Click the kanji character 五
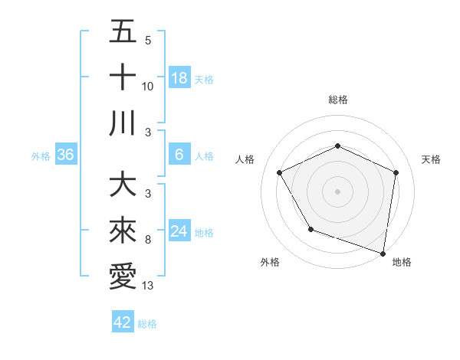[123, 31]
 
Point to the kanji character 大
[123, 186]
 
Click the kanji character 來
[123, 231]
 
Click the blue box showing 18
[179, 78]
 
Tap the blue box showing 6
[179, 155]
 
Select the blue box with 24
[179, 231]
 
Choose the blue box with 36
[65, 155]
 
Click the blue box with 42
[123, 322]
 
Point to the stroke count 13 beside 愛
[149, 286]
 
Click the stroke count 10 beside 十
[148, 87]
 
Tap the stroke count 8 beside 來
[148, 241]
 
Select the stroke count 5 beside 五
[148, 41]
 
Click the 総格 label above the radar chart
[338, 100]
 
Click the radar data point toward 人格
[280, 172]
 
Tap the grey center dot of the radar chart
[338, 191]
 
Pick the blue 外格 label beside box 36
[41, 155]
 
